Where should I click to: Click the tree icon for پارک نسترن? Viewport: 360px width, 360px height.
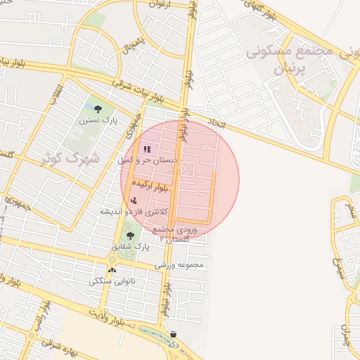tap(97, 108)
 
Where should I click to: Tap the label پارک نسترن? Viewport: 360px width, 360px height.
tap(97, 120)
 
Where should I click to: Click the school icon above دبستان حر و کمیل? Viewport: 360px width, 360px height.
tap(147, 149)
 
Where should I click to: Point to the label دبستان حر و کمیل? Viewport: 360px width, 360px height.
tap(150, 160)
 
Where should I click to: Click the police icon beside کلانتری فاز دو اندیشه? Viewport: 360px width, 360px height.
tap(134, 201)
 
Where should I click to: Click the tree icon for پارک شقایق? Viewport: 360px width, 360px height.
tap(130, 236)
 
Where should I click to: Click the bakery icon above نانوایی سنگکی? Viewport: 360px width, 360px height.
tap(112, 271)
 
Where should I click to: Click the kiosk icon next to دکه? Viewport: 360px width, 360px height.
tap(174, 334)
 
